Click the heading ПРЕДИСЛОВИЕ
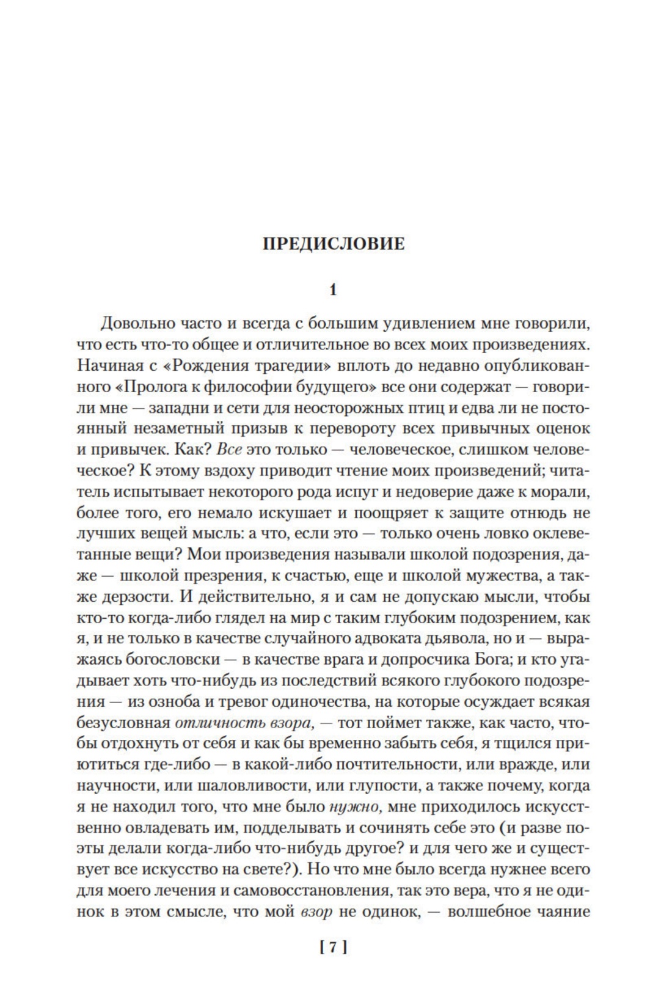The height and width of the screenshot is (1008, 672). pyautogui.click(x=334, y=244)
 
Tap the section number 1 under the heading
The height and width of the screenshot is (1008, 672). pyautogui.click(x=333, y=290)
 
